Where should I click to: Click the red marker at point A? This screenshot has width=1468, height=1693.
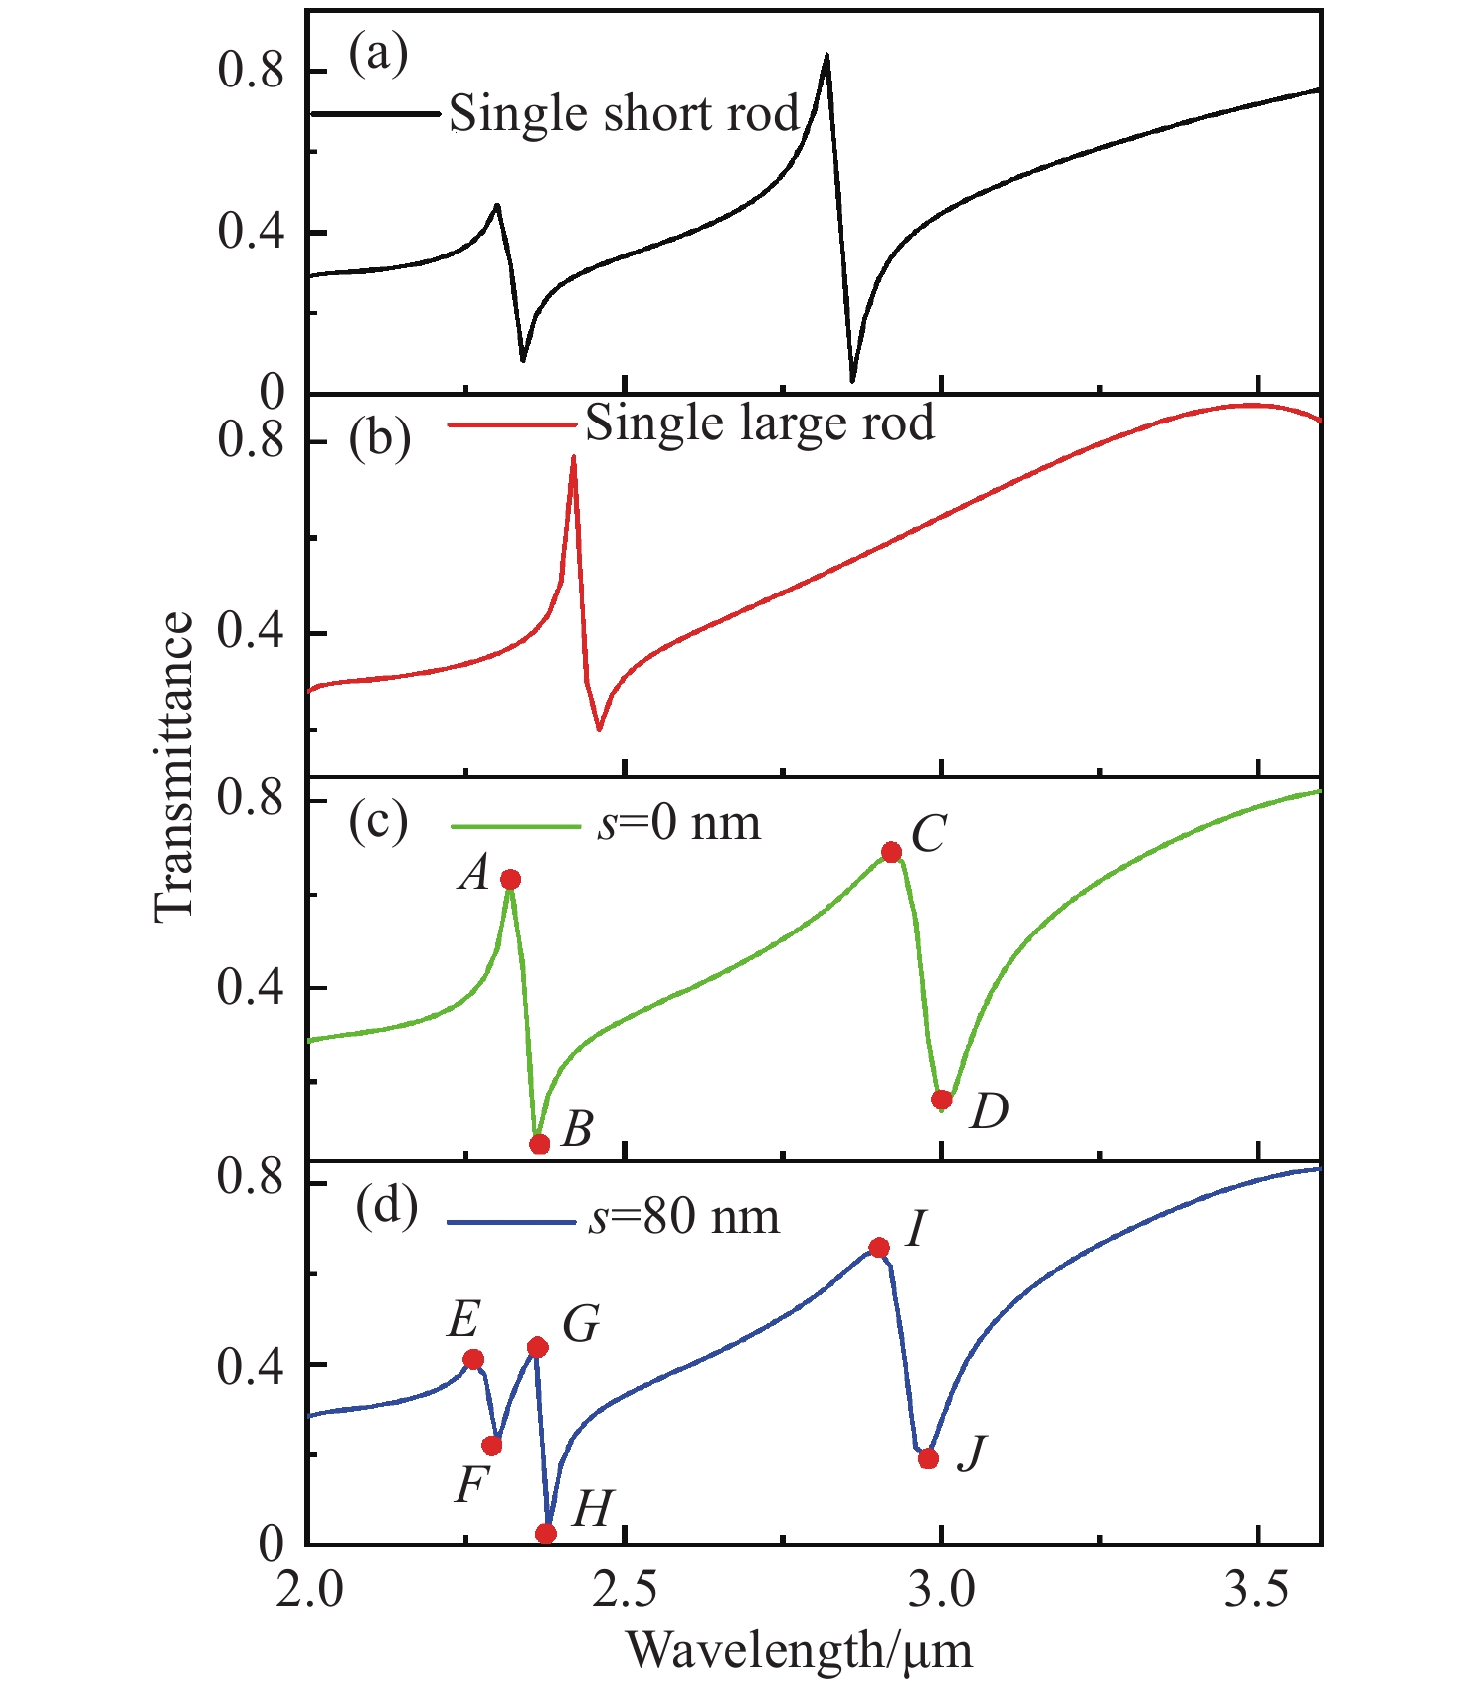[510, 879]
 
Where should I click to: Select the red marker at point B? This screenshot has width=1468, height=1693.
[539, 1144]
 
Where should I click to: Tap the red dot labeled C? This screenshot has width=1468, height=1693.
[891, 852]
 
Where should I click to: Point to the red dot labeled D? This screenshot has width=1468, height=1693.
[942, 1100]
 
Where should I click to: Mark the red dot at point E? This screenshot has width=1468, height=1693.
[473, 1359]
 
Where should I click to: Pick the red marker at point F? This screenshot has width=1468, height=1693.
[491, 1445]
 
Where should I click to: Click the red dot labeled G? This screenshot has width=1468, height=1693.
[538, 1347]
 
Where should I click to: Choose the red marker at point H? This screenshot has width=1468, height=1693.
[546, 1534]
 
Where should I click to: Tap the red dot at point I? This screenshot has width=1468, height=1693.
[879, 1248]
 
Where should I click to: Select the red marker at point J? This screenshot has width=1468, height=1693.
[928, 1459]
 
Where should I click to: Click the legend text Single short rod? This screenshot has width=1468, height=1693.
[624, 113]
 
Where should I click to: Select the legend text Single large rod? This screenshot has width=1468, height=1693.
[760, 423]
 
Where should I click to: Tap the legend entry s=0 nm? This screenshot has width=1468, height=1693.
[678, 824]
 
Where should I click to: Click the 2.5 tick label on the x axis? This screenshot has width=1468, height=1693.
[624, 1590]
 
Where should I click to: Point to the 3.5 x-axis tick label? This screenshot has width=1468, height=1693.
[1257, 1590]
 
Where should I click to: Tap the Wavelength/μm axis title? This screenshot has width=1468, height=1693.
[799, 1650]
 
